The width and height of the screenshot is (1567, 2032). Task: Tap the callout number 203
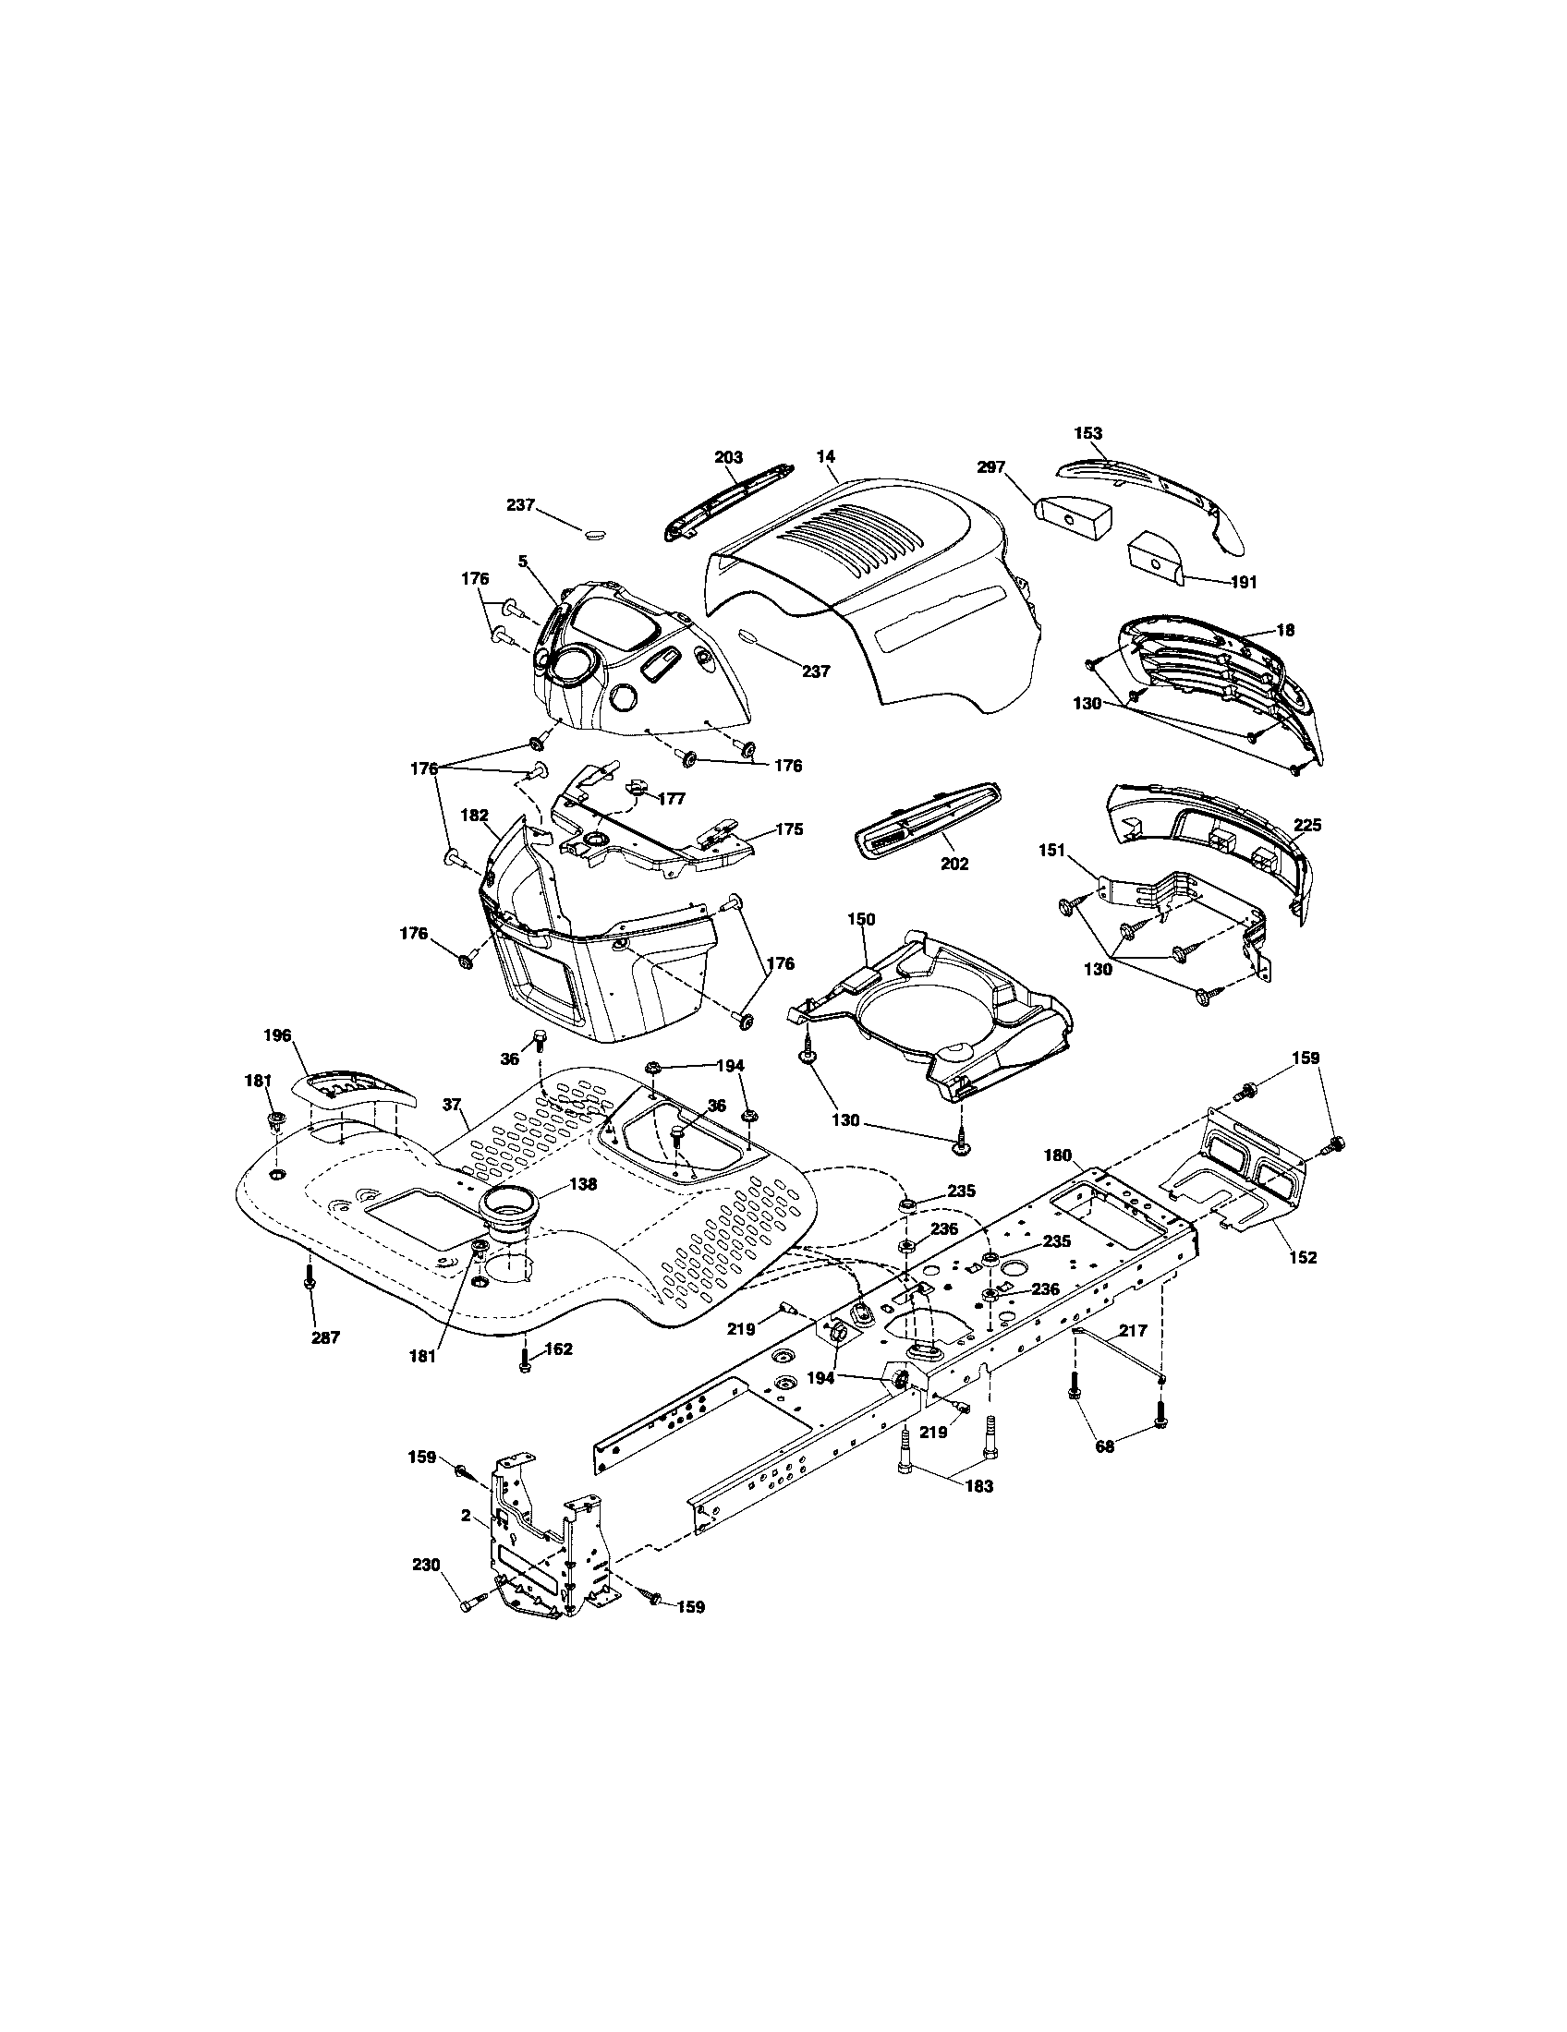[729, 457]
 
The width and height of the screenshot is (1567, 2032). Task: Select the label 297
[991, 467]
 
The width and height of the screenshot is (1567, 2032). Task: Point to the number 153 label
[1087, 432]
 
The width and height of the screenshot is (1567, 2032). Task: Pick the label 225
[1306, 825]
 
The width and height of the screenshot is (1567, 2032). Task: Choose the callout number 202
[954, 864]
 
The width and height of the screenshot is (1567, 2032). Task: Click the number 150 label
[861, 918]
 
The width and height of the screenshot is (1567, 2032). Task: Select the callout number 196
[277, 1034]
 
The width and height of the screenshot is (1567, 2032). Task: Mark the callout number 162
[558, 1349]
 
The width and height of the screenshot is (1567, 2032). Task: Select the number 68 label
[1105, 1446]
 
